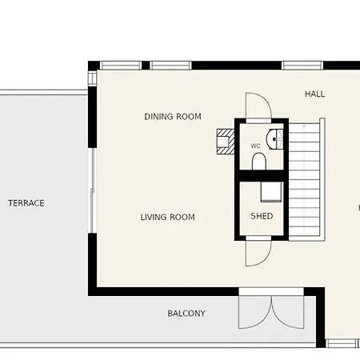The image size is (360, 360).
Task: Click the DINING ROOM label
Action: point(173,117)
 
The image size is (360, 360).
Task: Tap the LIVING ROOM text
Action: point(167,217)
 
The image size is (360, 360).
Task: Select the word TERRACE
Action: point(26,203)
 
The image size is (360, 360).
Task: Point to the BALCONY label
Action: point(186,313)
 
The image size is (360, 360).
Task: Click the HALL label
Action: point(314,94)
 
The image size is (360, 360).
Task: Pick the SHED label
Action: point(262,216)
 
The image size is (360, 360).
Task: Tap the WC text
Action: point(255,146)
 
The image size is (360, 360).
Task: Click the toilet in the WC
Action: point(259,162)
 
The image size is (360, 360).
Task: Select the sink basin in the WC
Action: point(274,139)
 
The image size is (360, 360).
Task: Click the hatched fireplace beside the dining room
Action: point(226,142)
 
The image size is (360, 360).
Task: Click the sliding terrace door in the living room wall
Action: point(92,190)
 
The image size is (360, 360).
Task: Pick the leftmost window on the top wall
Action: point(121,66)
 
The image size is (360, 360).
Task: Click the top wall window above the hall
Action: point(302,66)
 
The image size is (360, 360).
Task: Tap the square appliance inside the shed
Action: point(271,191)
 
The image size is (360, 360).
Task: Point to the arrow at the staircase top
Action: point(304,128)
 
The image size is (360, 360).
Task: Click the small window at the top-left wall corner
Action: point(92,78)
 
